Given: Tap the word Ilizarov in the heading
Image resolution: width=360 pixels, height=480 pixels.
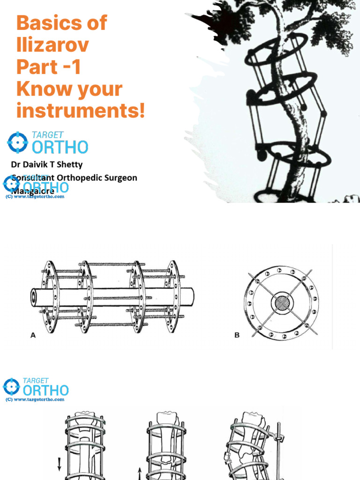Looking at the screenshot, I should [52, 45].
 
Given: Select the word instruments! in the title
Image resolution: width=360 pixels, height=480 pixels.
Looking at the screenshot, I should [81, 112].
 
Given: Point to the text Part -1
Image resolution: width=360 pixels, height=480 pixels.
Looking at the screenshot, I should [49, 67].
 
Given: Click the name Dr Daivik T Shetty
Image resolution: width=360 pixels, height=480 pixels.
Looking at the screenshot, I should [46, 165].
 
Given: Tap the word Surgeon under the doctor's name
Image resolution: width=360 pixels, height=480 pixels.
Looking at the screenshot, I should [120, 178].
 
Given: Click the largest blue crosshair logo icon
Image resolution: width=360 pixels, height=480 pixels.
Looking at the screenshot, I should [18, 142].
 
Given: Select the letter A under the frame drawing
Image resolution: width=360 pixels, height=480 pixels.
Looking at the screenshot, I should [33, 335].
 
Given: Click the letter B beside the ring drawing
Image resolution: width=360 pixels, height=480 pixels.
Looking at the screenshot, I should [237, 335].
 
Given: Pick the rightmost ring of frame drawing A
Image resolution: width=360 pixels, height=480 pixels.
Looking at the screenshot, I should [172, 296].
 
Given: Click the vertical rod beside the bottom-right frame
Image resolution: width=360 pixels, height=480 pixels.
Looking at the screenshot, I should [278, 450].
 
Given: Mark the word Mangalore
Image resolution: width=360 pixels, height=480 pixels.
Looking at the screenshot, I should [32, 191].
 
